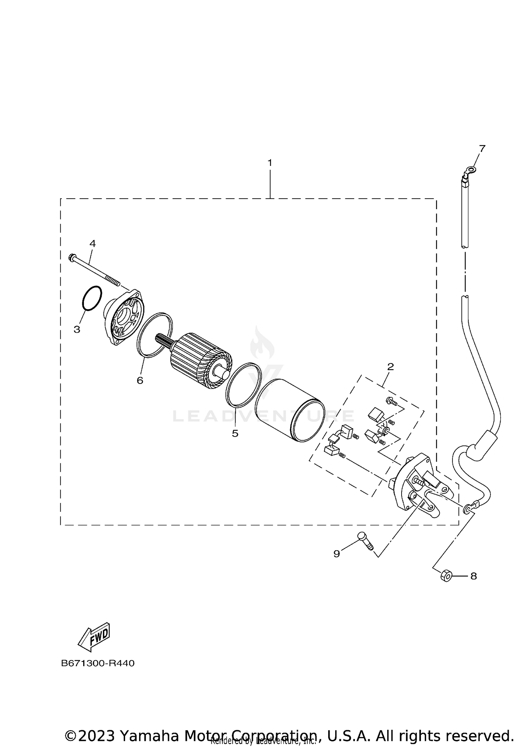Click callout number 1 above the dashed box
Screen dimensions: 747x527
pyautogui.click(x=270, y=163)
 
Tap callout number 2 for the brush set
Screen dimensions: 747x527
pyautogui.click(x=390, y=367)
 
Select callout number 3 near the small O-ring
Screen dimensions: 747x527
pyautogui.click(x=77, y=329)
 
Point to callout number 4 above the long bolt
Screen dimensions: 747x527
pyautogui.click(x=93, y=243)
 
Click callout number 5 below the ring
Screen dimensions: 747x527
pyautogui.click(x=235, y=433)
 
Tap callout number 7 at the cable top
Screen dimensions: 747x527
pyautogui.click(x=482, y=148)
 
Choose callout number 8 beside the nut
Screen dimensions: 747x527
pyautogui.click(x=474, y=576)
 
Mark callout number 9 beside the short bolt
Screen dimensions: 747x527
pyautogui.click(x=337, y=554)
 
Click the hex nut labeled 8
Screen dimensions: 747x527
pyautogui.click(x=445, y=576)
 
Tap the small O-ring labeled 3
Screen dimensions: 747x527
pyautogui.click(x=92, y=298)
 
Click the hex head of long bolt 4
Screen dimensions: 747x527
pyautogui.click(x=72, y=257)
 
